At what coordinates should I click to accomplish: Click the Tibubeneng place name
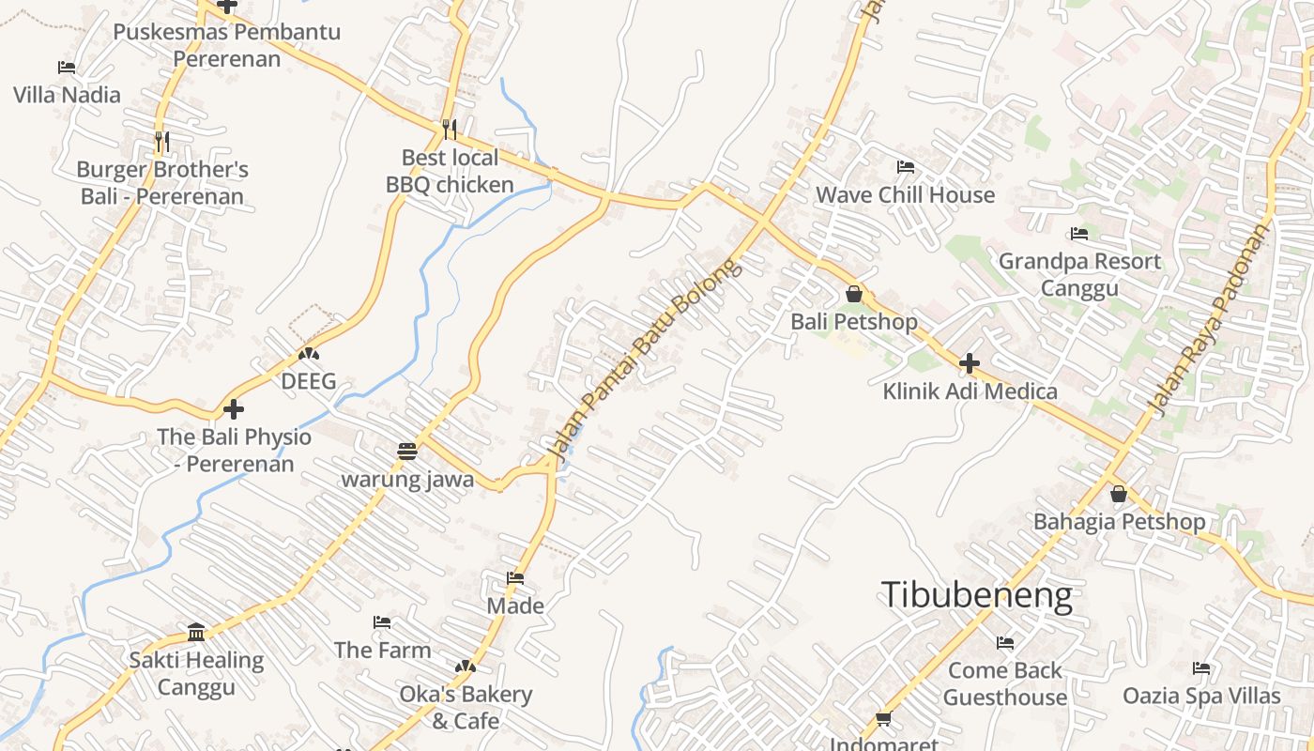coord(976,596)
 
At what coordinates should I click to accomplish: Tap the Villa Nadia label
coord(67,95)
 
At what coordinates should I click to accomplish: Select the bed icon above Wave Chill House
coord(906,167)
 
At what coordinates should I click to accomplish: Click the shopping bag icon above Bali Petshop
coord(853,294)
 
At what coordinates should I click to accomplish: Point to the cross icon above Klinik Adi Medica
coord(970,363)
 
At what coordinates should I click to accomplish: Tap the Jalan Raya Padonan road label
coord(1208,319)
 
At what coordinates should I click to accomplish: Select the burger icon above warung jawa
coord(406,452)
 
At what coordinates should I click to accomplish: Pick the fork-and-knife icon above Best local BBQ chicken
coord(450,129)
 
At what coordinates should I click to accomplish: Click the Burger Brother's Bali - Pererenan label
coord(161,183)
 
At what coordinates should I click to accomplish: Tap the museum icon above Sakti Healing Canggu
coord(196,632)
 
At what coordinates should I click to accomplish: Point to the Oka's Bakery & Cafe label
coord(466,708)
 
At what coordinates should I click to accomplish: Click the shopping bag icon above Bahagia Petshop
coord(1118,493)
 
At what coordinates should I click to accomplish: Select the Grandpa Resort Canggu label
coord(1079,274)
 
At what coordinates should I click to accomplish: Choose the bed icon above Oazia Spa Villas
coord(1201,668)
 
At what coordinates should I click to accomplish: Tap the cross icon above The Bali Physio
coord(234,409)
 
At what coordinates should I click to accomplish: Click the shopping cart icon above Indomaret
coord(883,719)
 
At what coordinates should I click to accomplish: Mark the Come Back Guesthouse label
coord(1004,683)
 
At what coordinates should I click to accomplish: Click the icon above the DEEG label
coord(308,354)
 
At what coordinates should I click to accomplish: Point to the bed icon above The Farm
coord(382,621)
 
